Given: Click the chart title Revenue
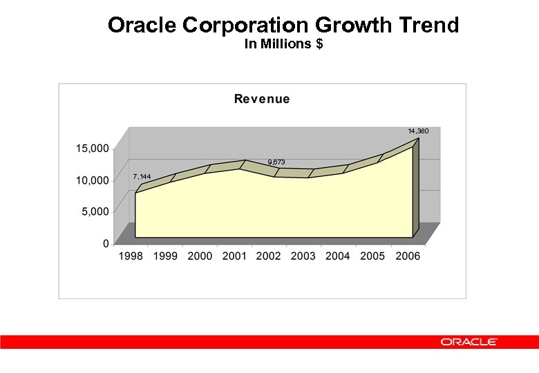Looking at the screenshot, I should click(262, 99).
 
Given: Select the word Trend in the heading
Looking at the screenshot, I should click(428, 26).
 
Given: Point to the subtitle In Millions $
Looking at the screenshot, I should click(284, 44).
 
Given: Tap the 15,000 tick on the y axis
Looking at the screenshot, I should click(91, 149).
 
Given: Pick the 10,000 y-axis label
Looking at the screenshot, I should click(91, 180).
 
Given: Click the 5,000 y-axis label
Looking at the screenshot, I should click(95, 212).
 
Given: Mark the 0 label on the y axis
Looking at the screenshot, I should click(106, 243).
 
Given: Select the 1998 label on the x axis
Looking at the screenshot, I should click(131, 256).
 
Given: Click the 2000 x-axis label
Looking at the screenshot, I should click(200, 256).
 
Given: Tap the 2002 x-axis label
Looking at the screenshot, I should click(269, 256).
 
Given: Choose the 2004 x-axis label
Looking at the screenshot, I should click(338, 256).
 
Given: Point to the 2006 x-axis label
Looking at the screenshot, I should click(407, 256).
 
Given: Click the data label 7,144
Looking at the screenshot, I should click(142, 176).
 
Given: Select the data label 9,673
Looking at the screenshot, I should click(276, 162).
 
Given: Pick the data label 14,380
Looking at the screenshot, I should click(418, 131).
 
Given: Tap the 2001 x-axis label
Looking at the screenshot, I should click(234, 256).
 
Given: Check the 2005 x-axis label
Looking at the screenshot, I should click(372, 256).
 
